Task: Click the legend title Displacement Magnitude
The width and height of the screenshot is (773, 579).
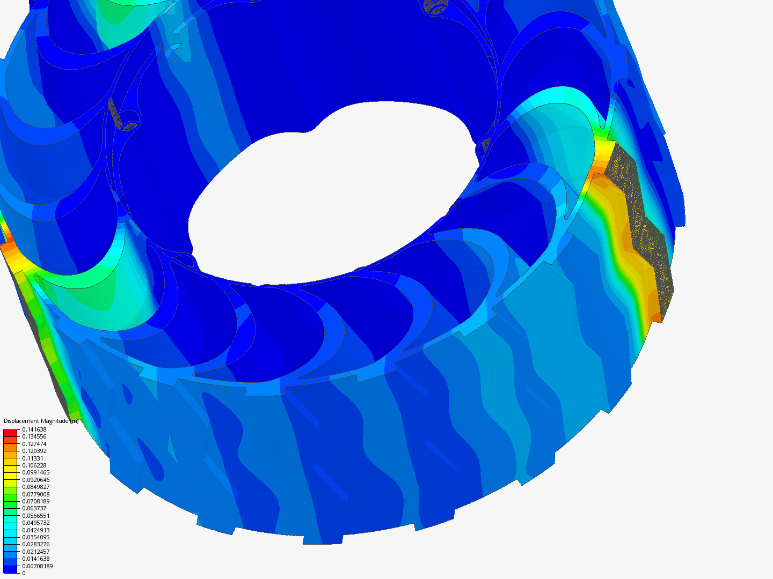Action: pyautogui.click(x=36, y=421)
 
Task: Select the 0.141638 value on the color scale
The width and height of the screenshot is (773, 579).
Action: pyautogui.click(x=34, y=429)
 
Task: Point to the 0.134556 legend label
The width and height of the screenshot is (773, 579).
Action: pyautogui.click(x=34, y=436)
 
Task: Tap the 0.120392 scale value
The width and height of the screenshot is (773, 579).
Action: pyautogui.click(x=34, y=451)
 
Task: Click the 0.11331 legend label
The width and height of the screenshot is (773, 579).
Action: pyautogui.click(x=33, y=458)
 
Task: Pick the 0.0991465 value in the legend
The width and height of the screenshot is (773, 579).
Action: pyautogui.click(x=36, y=472)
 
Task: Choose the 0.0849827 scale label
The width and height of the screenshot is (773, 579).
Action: pyautogui.click(x=36, y=487)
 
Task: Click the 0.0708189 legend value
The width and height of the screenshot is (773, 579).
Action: pyautogui.click(x=36, y=501)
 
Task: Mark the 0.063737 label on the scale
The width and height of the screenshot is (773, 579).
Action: pyautogui.click(x=34, y=508)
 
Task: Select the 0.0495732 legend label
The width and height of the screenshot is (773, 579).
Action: pyautogui.click(x=36, y=523)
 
